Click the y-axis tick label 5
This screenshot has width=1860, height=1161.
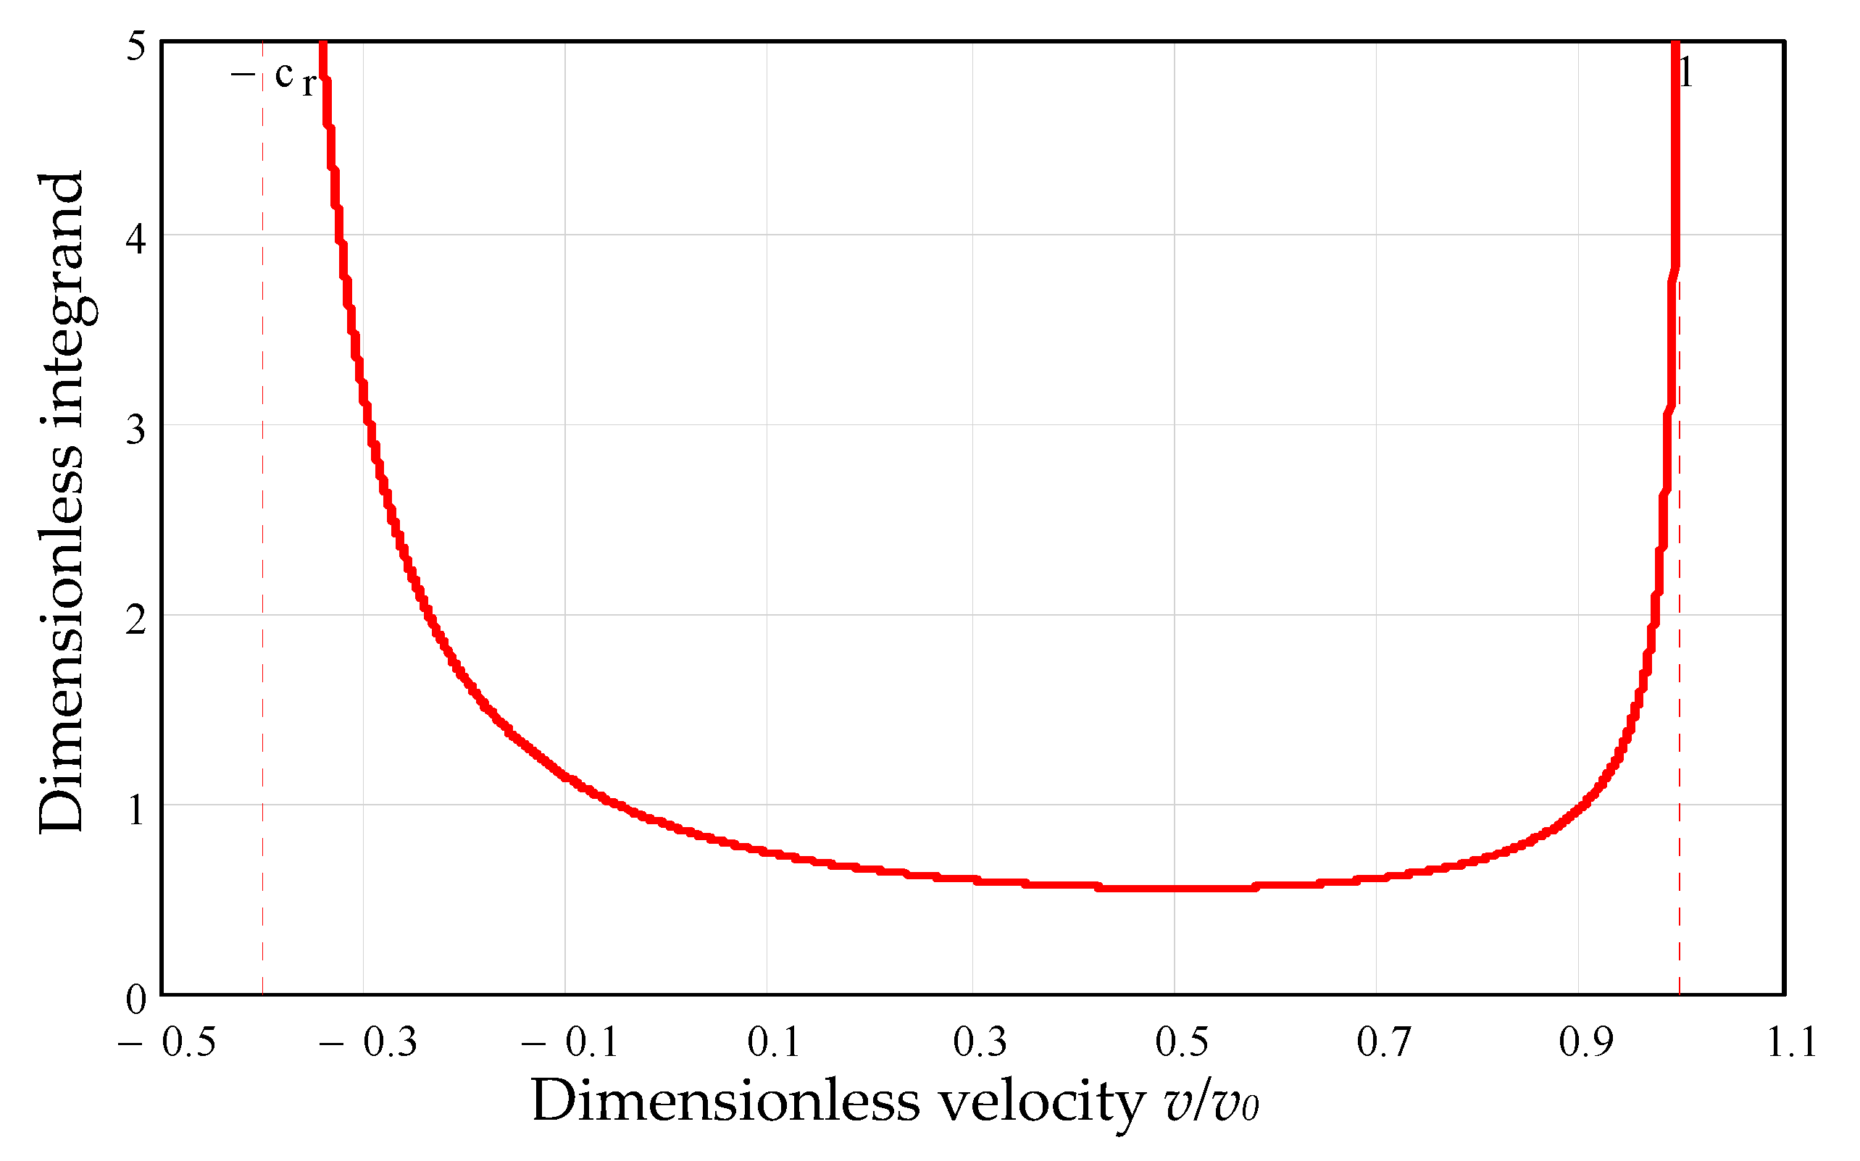point(136,47)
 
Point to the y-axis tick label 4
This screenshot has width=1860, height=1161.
point(136,239)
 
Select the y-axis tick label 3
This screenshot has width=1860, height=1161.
point(136,429)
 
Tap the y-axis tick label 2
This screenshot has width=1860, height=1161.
point(136,619)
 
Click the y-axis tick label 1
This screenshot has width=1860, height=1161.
point(136,809)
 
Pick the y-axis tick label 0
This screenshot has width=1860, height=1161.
point(136,999)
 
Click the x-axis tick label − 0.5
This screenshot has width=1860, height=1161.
point(167,1042)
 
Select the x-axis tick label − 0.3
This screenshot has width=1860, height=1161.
point(369,1042)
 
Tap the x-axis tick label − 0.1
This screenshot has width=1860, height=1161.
point(570,1042)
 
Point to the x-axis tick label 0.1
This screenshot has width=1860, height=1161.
point(773,1042)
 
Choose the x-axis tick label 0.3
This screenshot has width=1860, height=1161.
point(979,1042)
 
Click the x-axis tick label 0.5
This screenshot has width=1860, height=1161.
point(1182,1042)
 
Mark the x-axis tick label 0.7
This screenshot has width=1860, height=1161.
point(1384,1042)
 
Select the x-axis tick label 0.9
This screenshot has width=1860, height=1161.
point(1586,1042)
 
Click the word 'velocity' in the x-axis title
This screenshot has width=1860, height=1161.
point(1041,1102)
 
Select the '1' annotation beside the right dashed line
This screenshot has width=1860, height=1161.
point(1686,74)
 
